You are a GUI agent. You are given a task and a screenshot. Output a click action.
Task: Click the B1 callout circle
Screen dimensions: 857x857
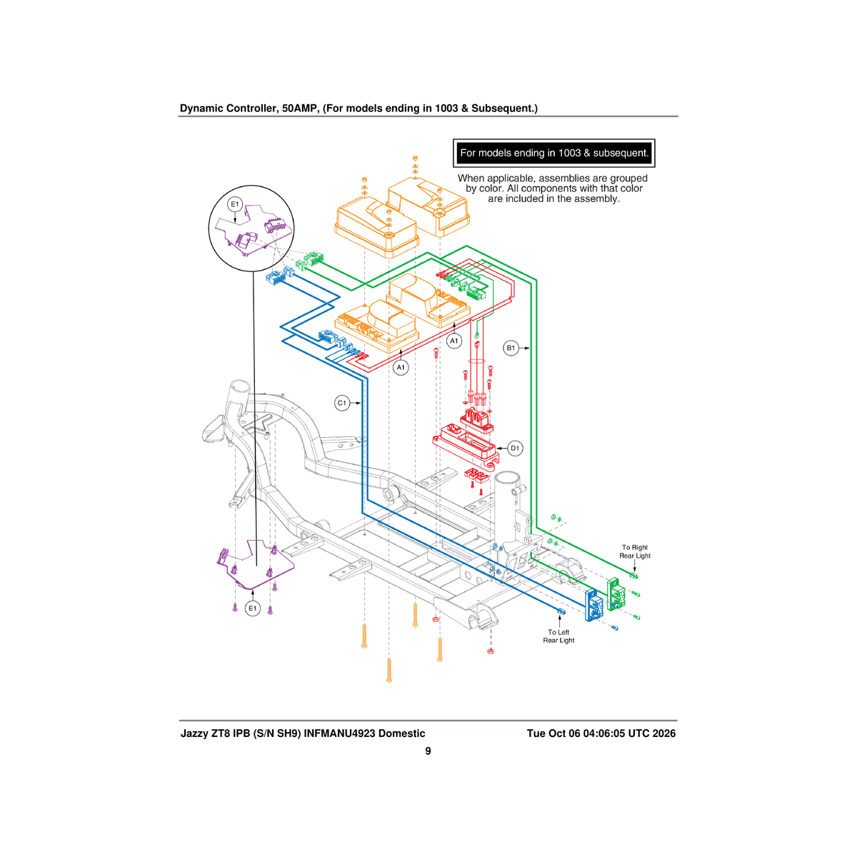click(x=511, y=348)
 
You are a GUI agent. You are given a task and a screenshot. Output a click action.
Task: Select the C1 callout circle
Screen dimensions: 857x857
click(x=342, y=404)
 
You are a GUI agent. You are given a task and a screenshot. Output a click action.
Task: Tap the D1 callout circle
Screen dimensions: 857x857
click(x=514, y=448)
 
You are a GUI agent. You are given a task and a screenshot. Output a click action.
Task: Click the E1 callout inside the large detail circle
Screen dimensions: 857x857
click(x=235, y=204)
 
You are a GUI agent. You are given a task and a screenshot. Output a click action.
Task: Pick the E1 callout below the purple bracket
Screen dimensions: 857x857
click(x=253, y=608)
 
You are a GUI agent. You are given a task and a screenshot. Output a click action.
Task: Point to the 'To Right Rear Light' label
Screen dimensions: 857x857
click(x=635, y=551)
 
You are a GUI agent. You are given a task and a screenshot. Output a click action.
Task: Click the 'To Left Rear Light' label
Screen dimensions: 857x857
click(x=558, y=636)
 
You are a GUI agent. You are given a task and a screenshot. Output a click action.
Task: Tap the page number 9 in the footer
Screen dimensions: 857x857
click(x=428, y=751)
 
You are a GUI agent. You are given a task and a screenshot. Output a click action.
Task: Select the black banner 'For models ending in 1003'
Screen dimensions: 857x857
click(x=553, y=153)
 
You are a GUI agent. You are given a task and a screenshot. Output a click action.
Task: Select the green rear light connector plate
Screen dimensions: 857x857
click(x=616, y=594)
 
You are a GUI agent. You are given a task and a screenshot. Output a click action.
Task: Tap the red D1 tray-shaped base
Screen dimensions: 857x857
click(x=465, y=446)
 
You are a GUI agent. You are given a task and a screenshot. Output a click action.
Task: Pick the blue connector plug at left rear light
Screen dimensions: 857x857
click(x=561, y=612)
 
